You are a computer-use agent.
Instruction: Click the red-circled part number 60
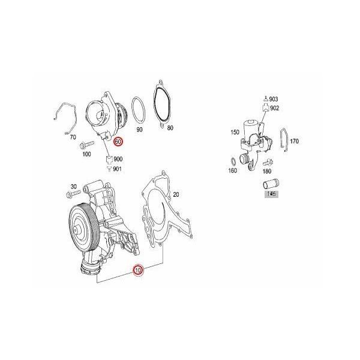[118, 142]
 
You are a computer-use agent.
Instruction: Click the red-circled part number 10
[138, 271]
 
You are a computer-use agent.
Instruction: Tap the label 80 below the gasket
[170, 128]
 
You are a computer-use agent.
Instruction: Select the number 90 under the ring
[140, 129]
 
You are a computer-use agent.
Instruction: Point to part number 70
[73, 137]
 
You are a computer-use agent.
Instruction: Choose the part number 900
[118, 158]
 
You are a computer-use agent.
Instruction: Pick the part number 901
[118, 168]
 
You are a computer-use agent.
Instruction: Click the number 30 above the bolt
[74, 186]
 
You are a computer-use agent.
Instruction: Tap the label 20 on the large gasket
[176, 195]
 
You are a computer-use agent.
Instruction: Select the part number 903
[274, 99]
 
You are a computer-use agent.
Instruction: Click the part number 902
[274, 108]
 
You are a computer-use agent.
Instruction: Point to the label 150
[235, 133]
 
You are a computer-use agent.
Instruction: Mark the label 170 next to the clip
[294, 142]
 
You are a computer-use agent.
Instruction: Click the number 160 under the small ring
[233, 170]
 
